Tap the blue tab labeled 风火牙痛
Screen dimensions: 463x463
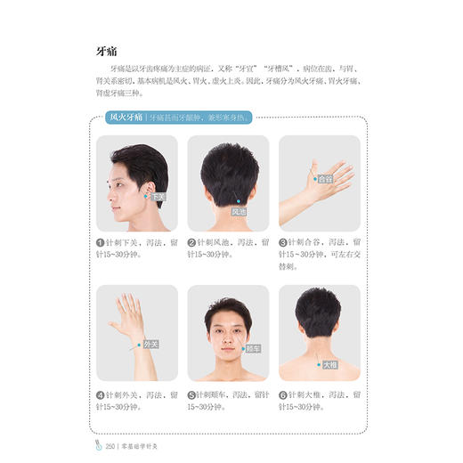click(126, 117)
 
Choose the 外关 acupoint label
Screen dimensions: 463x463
click(152, 344)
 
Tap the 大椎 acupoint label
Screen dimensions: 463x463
click(329, 364)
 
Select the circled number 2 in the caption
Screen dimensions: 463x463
click(191, 241)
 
